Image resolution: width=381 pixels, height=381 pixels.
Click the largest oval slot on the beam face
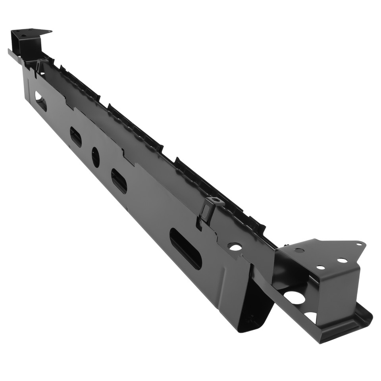185,248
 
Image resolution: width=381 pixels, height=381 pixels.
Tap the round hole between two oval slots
96,157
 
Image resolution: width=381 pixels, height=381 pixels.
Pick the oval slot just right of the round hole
119,181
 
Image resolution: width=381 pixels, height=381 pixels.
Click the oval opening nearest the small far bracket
40,101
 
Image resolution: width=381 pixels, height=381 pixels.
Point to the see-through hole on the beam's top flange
235,247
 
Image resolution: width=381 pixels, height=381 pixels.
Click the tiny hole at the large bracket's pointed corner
359,244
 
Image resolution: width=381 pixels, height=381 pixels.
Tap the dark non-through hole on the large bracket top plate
299,251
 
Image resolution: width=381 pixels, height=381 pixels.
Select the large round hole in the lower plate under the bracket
294,297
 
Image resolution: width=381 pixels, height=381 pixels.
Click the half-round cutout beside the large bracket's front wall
312,316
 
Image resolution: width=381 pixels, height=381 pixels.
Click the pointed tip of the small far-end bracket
50,31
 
